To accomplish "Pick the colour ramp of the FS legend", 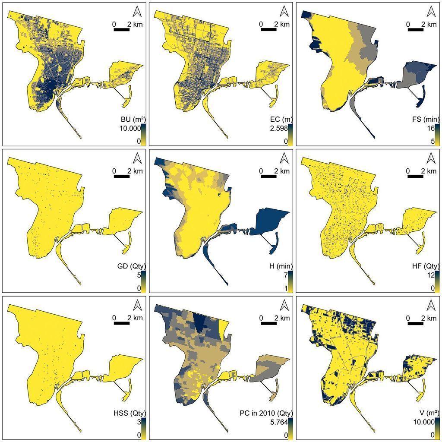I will tap(437, 135).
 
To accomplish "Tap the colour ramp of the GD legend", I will tap(143, 281).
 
